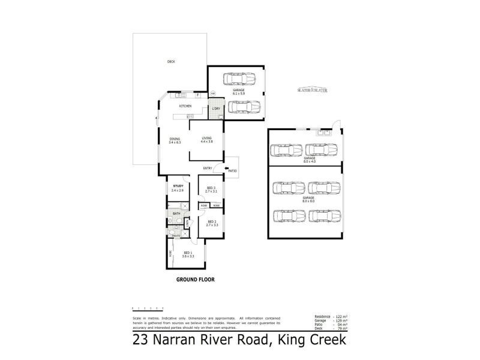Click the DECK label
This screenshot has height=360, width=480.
pyautogui.click(x=171, y=62)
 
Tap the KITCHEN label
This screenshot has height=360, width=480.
pyautogui.click(x=185, y=106)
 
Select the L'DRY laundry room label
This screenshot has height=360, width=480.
pyautogui.click(x=215, y=109)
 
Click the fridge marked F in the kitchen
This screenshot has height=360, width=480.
pyautogui.click(x=197, y=95)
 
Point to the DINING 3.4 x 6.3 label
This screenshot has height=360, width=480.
pyautogui.click(x=175, y=141)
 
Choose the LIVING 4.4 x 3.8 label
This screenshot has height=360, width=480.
pyautogui.click(x=207, y=141)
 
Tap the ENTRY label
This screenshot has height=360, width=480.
pyautogui.click(x=208, y=168)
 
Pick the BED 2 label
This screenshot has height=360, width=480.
pyautogui.click(x=211, y=223)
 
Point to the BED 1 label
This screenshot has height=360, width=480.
pyautogui.click(x=188, y=254)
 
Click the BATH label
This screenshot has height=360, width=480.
pyautogui.click(x=176, y=213)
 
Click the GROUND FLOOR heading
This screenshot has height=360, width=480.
pyautogui.click(x=195, y=280)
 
